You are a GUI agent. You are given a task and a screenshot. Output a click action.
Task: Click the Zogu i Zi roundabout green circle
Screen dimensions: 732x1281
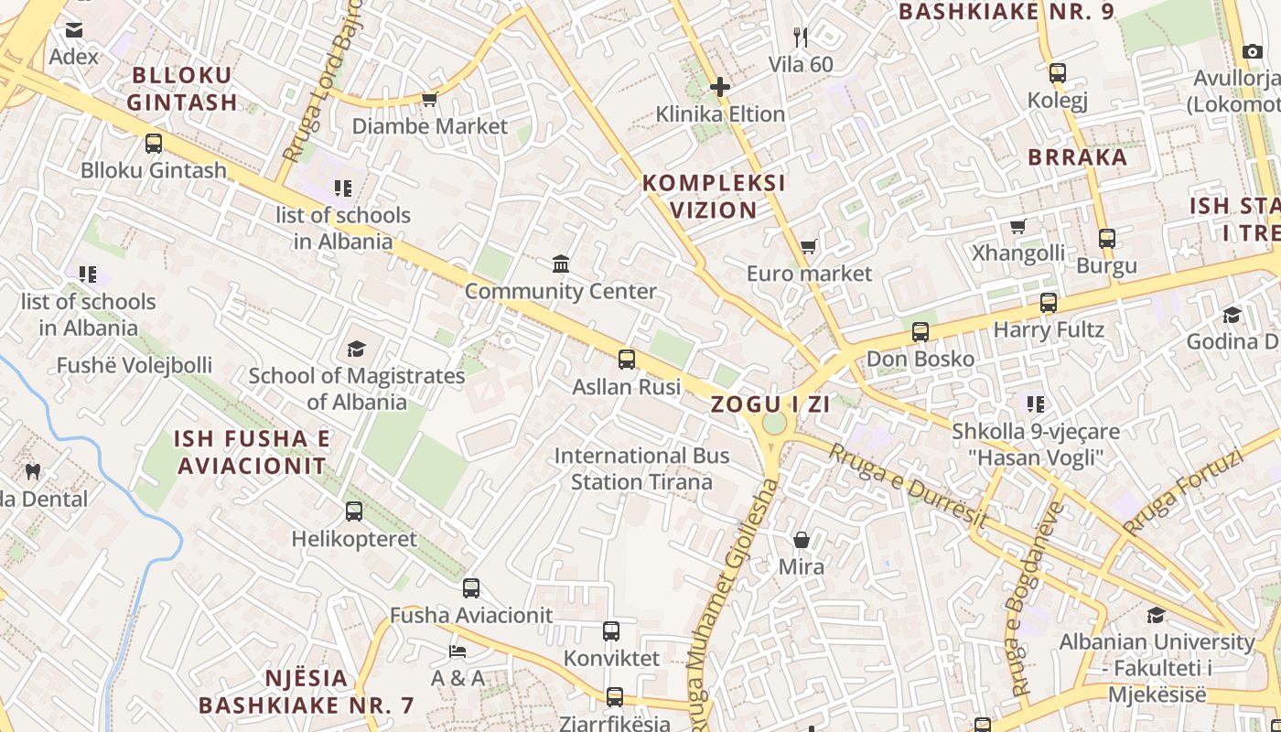tap(774, 424)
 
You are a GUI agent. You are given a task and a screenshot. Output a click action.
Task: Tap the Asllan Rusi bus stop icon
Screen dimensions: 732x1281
tap(627, 360)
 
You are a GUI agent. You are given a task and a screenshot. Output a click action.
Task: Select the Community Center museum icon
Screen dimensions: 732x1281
tap(561, 264)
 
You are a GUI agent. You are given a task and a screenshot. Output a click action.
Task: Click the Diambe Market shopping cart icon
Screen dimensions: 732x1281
tap(429, 99)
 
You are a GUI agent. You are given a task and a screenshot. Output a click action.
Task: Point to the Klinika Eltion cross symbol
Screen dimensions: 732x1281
tap(720, 87)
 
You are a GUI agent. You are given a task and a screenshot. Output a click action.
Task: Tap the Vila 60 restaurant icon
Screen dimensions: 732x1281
tap(801, 38)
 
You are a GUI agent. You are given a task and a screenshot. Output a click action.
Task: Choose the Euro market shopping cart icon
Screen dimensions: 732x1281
tap(808, 246)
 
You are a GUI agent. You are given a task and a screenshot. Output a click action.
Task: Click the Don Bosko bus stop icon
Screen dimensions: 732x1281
tap(920, 332)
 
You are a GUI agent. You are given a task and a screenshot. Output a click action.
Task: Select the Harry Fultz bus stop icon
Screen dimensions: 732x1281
tap(1049, 303)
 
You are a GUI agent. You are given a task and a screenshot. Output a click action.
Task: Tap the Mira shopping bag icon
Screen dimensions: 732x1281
tap(802, 540)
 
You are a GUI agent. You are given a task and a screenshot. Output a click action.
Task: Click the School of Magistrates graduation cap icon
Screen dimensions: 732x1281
tap(356, 349)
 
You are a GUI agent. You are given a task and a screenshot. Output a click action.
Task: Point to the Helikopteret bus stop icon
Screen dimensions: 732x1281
tap(354, 511)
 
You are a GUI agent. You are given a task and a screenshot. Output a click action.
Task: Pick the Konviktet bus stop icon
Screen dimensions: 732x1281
tap(611, 631)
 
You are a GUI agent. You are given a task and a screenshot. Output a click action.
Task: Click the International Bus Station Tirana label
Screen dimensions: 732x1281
tap(641, 468)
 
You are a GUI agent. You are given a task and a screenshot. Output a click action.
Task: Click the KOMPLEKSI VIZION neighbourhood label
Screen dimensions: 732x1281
tap(714, 197)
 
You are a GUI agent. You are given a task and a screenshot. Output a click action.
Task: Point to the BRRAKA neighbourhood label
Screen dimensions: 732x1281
tap(1078, 157)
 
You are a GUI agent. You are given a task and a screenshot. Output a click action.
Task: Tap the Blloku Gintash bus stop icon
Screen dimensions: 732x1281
tap(154, 144)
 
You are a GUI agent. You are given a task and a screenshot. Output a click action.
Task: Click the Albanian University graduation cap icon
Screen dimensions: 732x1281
tap(1157, 615)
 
